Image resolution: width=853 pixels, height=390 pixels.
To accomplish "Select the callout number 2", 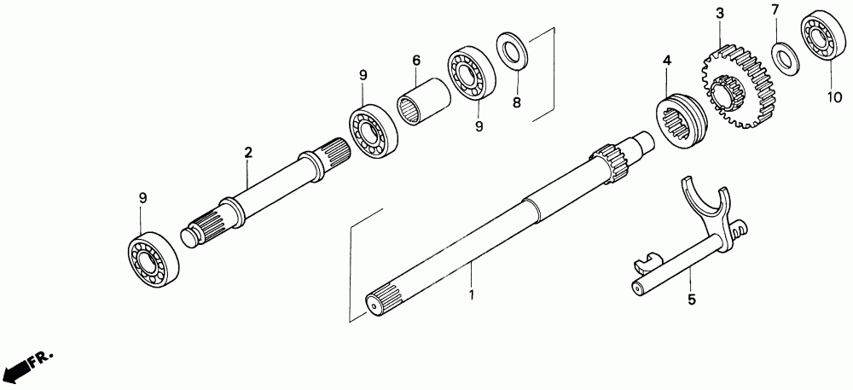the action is pos(248,153).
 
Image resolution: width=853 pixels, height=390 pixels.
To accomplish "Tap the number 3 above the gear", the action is pos(719,13).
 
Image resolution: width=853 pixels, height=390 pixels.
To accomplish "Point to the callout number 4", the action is pos(667,61).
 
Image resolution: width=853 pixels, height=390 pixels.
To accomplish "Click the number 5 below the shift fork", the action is pos(692,300).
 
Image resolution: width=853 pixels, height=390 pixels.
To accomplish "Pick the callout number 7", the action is pos(775,10).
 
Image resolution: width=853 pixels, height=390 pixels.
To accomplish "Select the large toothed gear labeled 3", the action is pos(739,90).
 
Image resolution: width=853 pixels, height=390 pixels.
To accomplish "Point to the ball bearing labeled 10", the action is pos(822,35).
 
